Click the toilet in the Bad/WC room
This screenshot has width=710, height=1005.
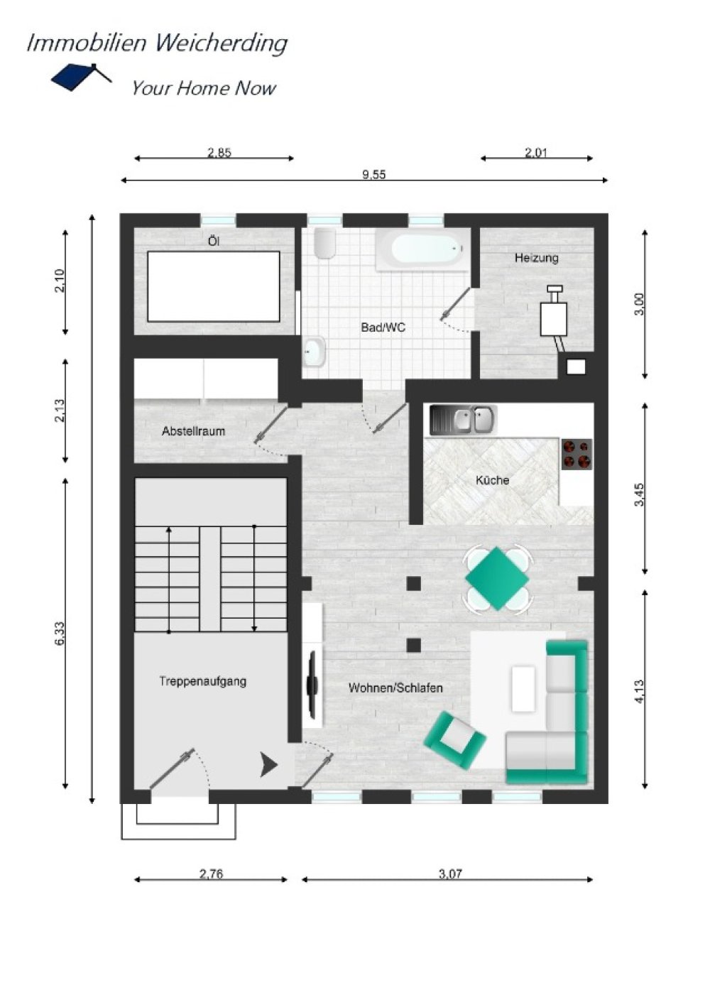click(x=324, y=244)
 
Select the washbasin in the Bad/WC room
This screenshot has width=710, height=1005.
click(x=314, y=352)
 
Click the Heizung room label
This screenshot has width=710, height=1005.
click(x=537, y=258)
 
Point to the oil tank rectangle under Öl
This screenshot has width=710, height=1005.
click(x=214, y=286)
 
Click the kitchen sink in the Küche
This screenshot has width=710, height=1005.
click(x=463, y=420)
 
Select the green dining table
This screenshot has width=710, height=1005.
click(x=498, y=578)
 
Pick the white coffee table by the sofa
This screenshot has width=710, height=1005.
click(x=523, y=689)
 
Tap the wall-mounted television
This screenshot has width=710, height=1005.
click(x=311, y=682)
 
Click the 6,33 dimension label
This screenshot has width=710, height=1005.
click(x=60, y=633)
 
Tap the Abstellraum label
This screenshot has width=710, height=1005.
click(x=193, y=431)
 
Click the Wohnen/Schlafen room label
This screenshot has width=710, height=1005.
click(x=395, y=688)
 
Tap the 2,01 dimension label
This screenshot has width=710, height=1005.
click(x=537, y=153)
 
